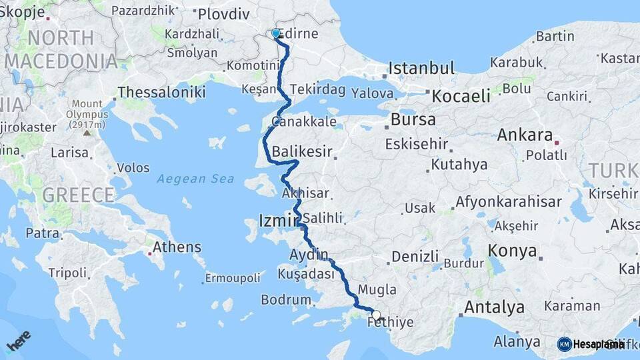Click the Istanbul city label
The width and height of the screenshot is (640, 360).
(421, 68)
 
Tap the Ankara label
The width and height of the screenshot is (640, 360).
(525, 135)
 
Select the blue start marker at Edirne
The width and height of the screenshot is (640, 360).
(276, 33)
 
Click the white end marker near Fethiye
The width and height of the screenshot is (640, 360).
(377, 315)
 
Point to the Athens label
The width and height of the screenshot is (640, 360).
(177, 247)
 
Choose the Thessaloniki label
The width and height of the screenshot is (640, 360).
(161, 93)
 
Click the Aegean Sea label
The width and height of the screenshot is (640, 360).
(196, 179)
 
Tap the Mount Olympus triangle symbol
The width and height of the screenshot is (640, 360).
(87, 133)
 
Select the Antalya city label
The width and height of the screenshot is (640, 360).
(494, 307)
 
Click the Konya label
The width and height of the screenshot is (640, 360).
(512, 251)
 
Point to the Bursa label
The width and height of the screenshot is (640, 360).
(413, 120)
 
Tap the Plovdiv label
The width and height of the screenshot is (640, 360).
(223, 14)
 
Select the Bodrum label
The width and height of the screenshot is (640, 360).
(286, 300)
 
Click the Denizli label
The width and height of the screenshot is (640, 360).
(415, 257)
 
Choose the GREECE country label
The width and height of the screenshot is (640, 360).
(79, 195)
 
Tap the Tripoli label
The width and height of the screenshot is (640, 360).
(67, 273)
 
